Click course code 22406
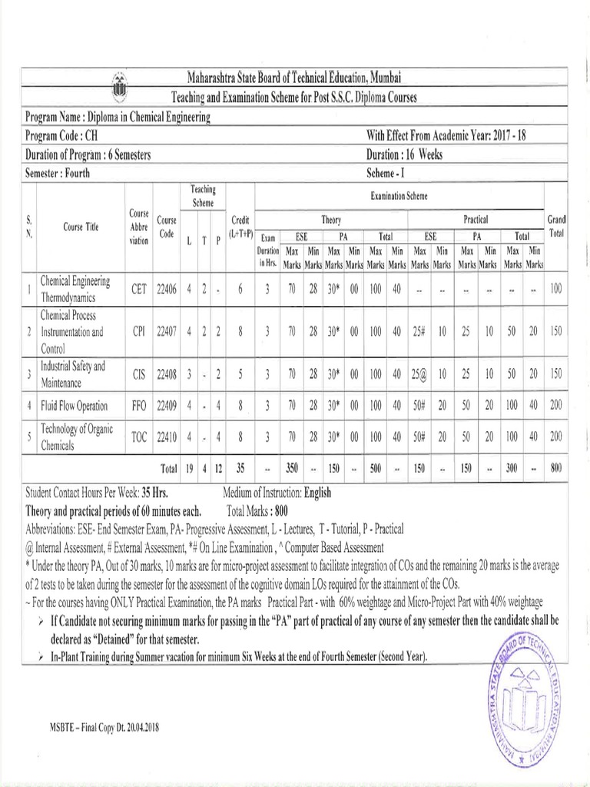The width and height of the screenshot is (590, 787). (167, 289)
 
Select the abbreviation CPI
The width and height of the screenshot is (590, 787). (139, 332)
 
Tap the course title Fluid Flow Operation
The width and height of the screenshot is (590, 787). (75, 405)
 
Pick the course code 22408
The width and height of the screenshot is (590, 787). (167, 374)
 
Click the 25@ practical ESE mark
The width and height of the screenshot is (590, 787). (419, 374)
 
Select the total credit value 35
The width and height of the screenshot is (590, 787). (240, 467)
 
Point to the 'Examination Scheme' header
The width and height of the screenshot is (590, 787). (398, 197)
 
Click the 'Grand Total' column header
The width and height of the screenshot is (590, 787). (555, 226)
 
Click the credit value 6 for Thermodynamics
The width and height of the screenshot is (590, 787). (240, 289)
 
